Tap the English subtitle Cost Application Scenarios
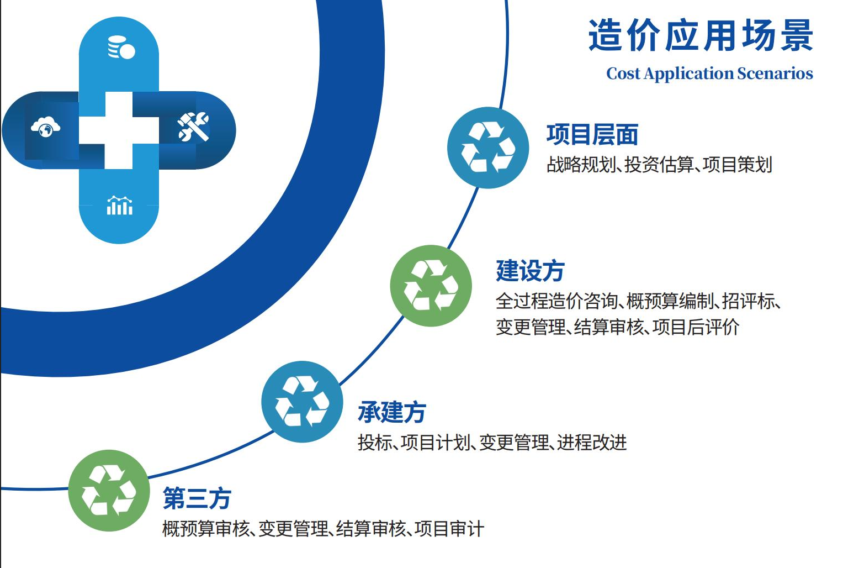pos(709,73)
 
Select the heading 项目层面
pos(592,134)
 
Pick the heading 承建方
pos(392,412)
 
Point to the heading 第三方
pos(197,498)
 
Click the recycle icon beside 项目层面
pos(488,148)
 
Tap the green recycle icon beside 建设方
pos(431,286)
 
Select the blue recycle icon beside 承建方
pos(302,402)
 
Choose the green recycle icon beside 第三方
pos(109,491)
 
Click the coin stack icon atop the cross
pos(121,48)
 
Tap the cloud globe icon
pos(45,127)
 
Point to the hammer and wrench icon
pos(193,127)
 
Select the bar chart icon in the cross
pos(120,206)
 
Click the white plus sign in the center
pos(119,130)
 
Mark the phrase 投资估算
pos(659,165)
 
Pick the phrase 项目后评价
pos(696,327)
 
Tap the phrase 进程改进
pos(592,442)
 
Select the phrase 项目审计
pos(449,528)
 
